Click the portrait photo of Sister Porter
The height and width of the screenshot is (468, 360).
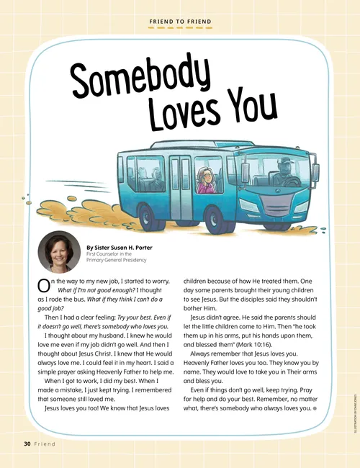click(x=59, y=251)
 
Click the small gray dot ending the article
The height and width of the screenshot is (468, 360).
click(x=315, y=409)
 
